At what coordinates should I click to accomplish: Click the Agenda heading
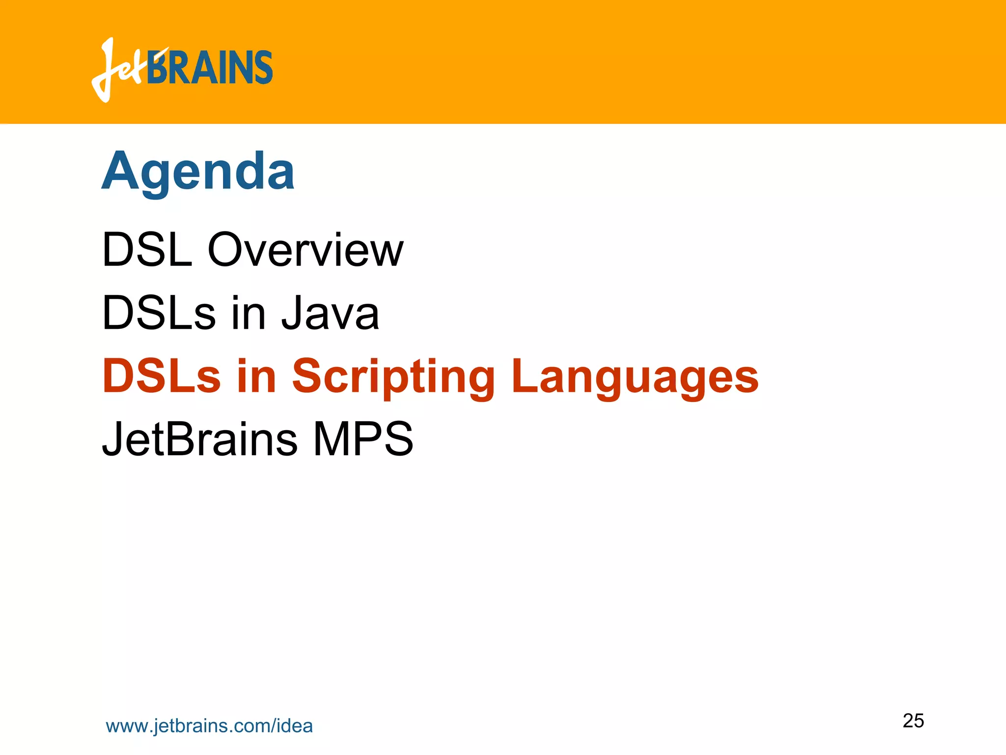click(x=197, y=172)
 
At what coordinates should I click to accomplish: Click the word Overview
click(x=305, y=250)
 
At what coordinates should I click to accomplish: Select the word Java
click(x=330, y=313)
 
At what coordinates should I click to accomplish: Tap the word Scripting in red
click(x=393, y=377)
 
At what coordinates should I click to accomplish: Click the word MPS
click(x=363, y=439)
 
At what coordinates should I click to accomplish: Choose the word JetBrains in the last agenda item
click(x=199, y=439)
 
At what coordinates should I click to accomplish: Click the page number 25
click(x=913, y=721)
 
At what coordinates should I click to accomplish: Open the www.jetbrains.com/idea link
click(x=209, y=726)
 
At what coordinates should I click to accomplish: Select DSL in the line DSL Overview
click(x=147, y=250)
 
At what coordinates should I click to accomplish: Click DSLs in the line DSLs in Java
click(x=158, y=313)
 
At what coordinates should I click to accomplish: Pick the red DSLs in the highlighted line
click(x=161, y=377)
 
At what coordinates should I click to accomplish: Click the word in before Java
click(x=248, y=313)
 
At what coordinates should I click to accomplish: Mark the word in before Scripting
click(x=256, y=377)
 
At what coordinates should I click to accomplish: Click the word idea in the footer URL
click(x=295, y=726)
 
